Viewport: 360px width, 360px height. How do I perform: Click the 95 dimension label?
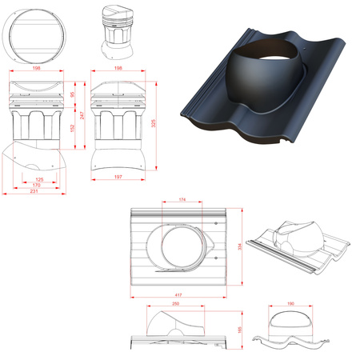pos(72,95)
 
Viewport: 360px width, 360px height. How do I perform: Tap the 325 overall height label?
pos(154,123)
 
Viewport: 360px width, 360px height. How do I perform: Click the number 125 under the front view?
pos(38,179)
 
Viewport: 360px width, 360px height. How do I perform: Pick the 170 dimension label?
pos(35,186)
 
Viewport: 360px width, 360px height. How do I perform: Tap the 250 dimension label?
pos(175,305)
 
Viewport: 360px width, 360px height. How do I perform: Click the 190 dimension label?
pos(290,304)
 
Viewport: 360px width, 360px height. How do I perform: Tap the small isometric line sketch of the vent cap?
pos(114,31)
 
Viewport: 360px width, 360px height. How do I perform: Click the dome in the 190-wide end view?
pos(290,322)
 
